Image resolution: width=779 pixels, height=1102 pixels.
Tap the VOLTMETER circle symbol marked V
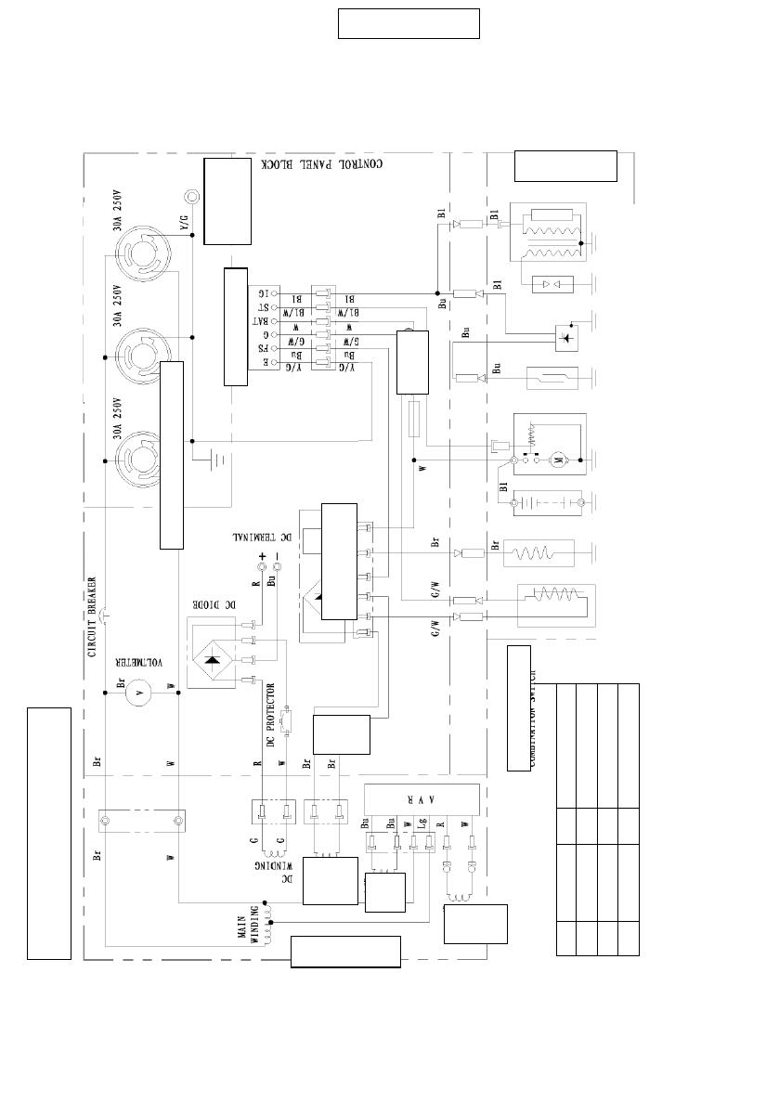[138, 692]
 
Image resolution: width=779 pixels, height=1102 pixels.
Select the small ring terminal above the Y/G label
[192, 196]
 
